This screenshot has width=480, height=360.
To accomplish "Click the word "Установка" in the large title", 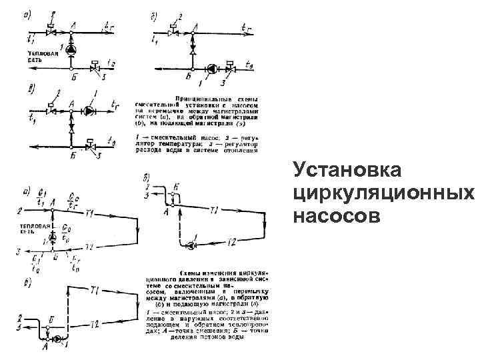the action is (x=347, y=171).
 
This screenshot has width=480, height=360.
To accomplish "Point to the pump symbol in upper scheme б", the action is (x=211, y=67).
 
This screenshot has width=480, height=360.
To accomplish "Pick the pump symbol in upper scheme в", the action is (x=89, y=111).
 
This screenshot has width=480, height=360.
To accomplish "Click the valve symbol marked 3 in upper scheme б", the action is (x=230, y=67).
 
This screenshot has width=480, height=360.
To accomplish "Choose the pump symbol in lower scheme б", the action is (x=192, y=245).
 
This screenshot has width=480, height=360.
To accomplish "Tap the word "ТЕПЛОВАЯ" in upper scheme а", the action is (x=38, y=53).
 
